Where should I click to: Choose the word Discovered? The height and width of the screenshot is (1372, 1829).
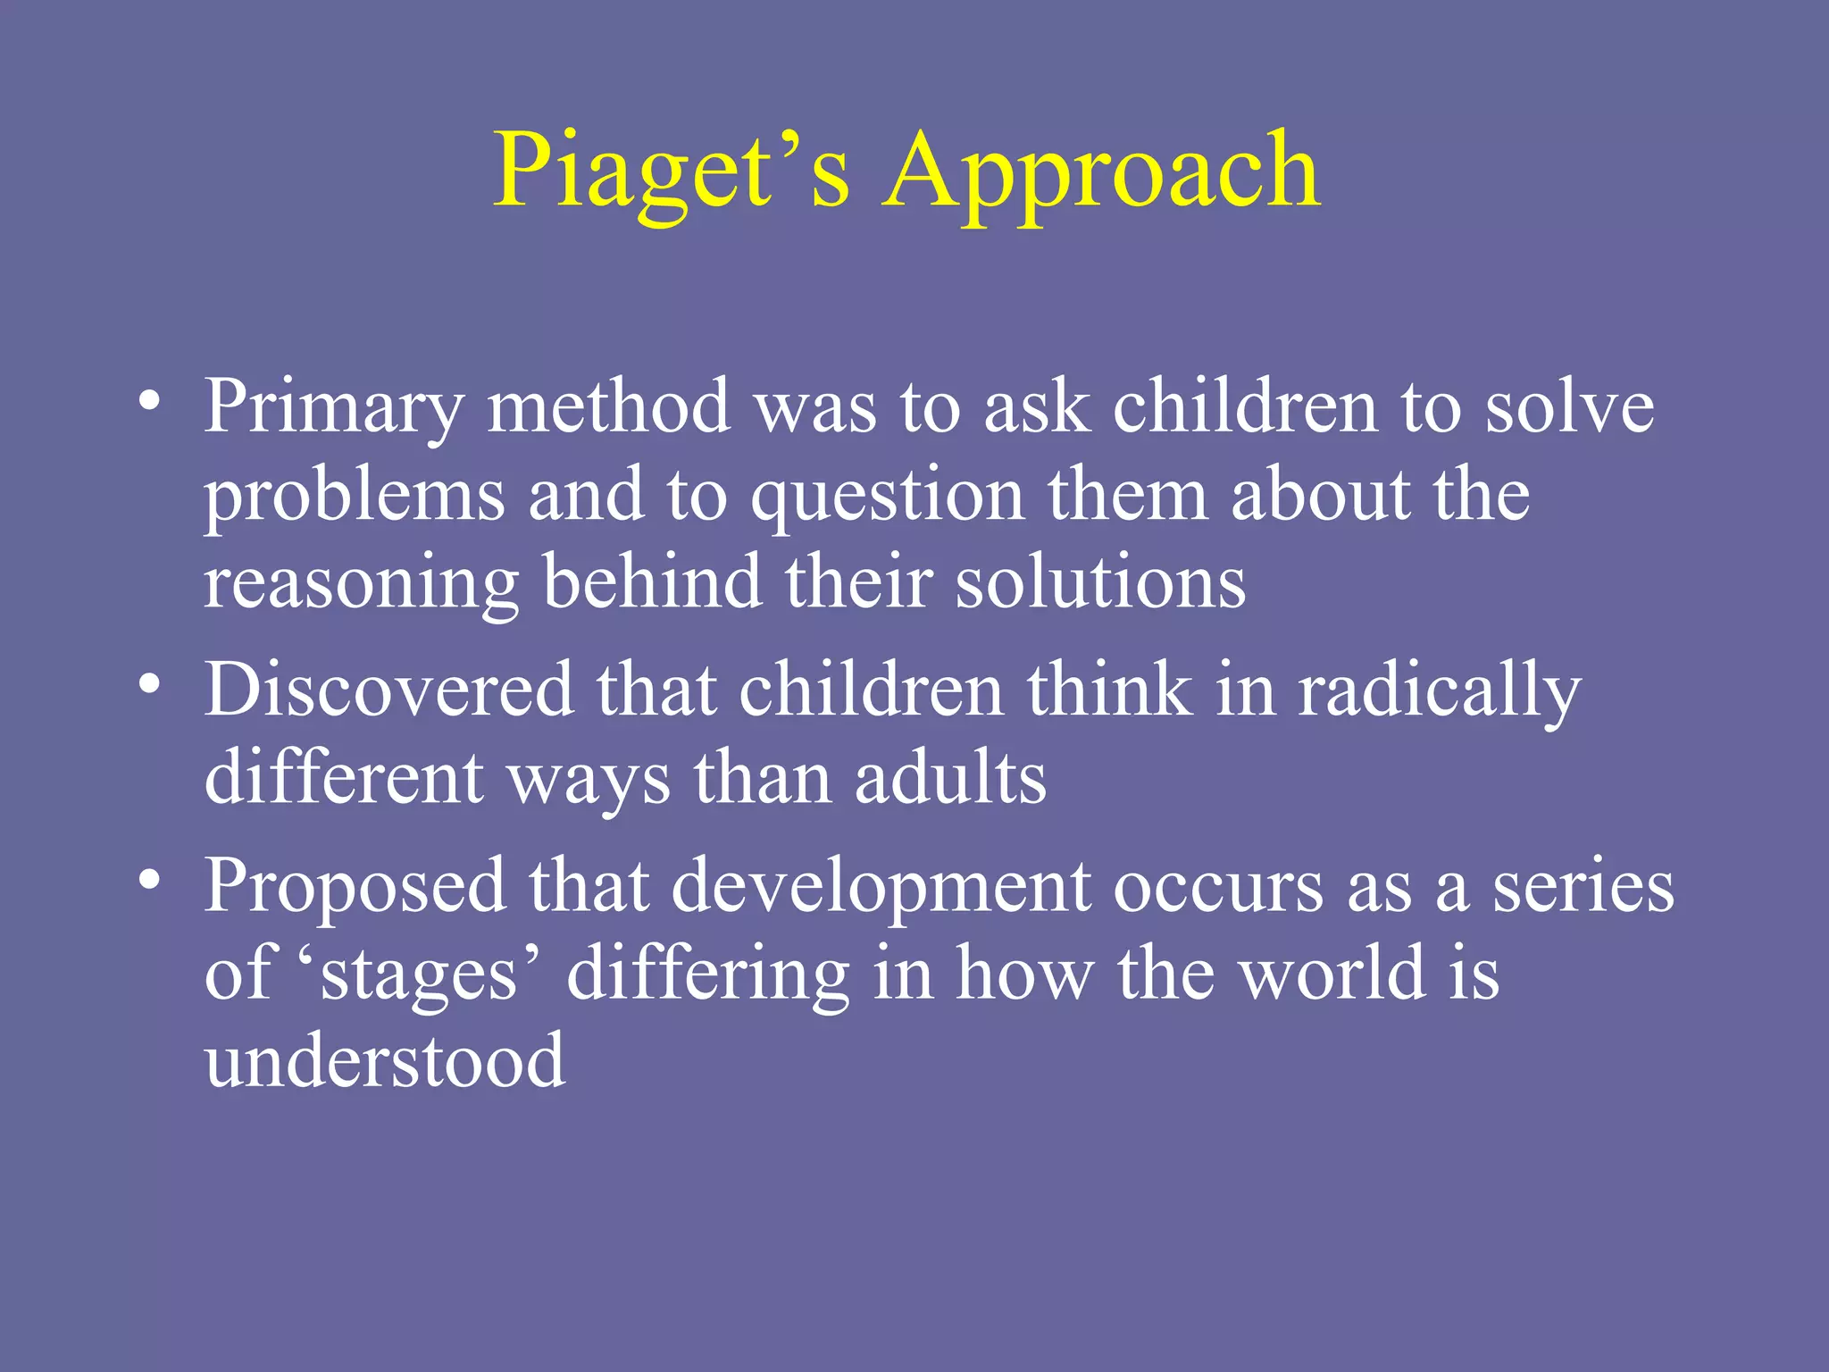coord(389,690)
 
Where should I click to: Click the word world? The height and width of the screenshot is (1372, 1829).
coord(1334,974)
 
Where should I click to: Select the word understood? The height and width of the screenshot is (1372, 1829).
coord(385,1061)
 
